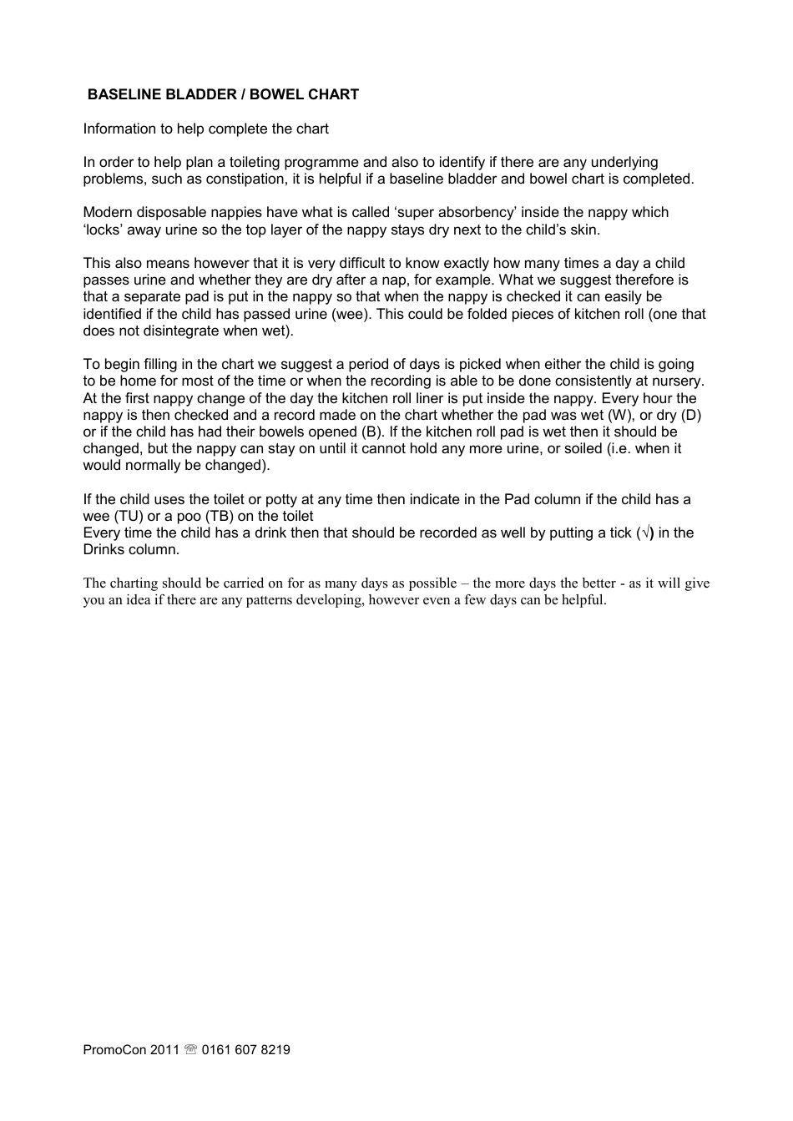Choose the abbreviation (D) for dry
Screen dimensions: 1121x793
691,415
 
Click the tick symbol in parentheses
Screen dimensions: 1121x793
644,533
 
